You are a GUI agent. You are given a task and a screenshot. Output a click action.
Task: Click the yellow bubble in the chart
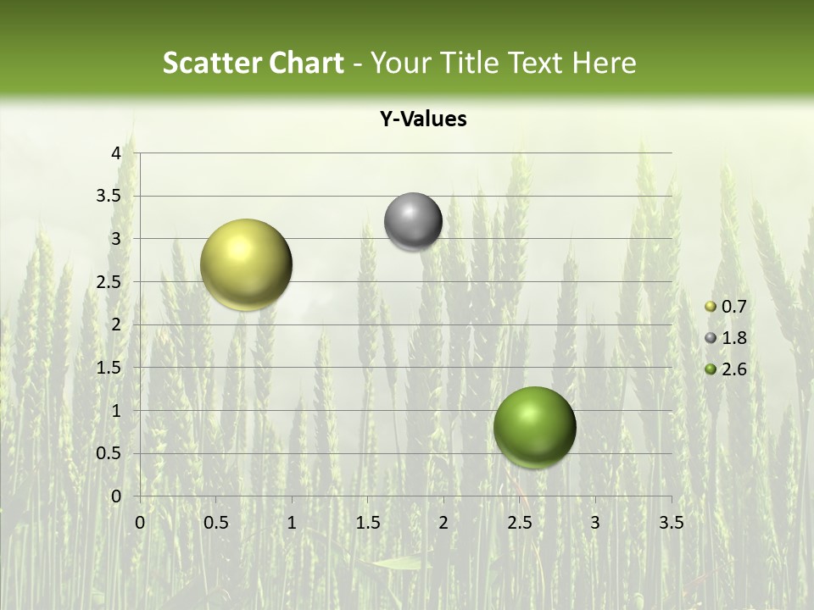[x=246, y=264]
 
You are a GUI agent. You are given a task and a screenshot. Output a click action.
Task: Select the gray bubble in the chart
[x=413, y=222]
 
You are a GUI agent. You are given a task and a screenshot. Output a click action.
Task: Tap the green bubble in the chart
[x=534, y=427]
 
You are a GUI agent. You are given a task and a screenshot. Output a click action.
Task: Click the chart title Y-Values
[x=423, y=119]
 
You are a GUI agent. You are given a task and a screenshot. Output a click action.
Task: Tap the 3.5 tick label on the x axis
[x=671, y=523]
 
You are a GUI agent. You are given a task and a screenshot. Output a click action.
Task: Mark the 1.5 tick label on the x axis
[x=367, y=523]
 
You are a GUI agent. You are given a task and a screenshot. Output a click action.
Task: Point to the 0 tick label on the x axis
[x=140, y=523]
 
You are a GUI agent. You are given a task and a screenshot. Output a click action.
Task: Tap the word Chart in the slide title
[x=306, y=63]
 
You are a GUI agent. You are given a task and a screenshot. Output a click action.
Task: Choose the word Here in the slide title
[x=604, y=63]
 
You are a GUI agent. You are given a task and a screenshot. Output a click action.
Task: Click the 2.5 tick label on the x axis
[x=519, y=523]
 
